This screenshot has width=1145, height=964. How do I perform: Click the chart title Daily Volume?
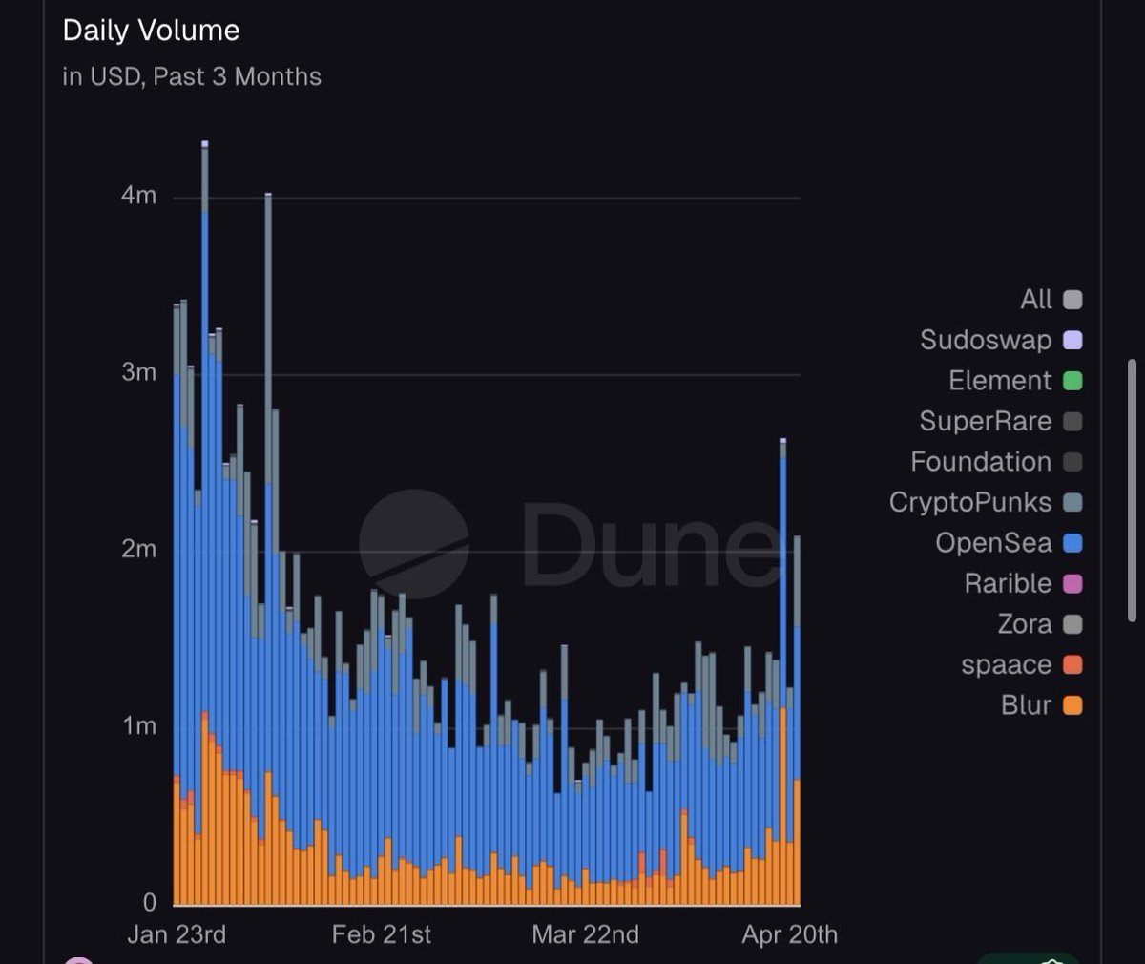coord(151,31)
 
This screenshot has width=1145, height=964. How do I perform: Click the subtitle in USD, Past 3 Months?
coord(192,76)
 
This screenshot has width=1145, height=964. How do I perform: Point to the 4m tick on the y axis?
coord(138,196)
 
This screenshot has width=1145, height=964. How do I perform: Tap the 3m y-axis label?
coord(138,372)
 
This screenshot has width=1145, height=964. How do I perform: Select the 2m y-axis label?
coord(138,549)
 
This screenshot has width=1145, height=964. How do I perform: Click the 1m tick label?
coord(138,725)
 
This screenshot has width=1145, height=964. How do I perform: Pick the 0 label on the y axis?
coord(149,902)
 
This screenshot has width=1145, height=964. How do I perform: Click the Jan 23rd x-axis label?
coord(177,934)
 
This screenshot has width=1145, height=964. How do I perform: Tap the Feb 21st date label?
coord(382,934)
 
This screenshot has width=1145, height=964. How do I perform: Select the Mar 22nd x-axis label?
coord(586,934)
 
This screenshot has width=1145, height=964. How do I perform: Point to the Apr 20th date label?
coord(790,934)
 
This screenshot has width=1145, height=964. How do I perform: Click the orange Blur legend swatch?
coord(1072,705)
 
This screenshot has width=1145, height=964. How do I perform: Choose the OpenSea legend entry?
coord(993,543)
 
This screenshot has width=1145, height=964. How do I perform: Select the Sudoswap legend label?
coord(986,340)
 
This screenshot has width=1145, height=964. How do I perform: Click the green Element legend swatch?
coord(1072,381)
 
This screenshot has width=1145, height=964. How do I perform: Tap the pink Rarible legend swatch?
coord(1072,583)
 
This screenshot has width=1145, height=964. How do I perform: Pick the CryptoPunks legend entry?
coord(970,502)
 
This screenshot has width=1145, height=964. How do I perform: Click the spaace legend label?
coord(1007,664)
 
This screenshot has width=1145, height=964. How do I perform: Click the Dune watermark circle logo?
coord(414,544)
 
